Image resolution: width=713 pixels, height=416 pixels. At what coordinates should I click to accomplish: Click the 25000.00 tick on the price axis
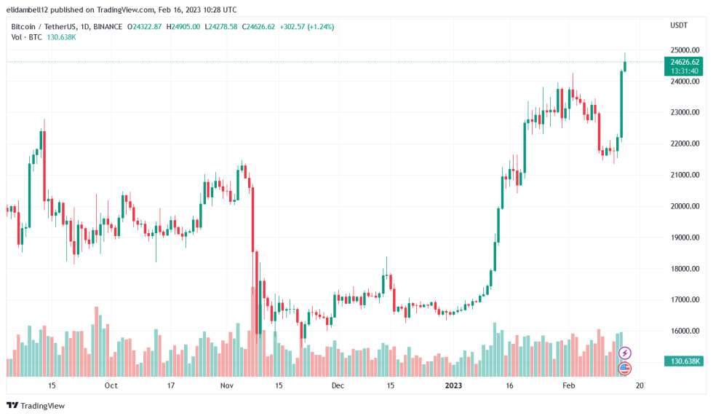(x=684, y=50)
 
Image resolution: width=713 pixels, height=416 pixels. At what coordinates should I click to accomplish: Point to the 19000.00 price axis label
(x=684, y=238)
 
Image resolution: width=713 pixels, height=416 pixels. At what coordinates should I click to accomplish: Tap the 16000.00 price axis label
(x=684, y=331)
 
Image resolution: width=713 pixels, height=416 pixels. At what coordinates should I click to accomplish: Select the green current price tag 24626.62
(x=685, y=62)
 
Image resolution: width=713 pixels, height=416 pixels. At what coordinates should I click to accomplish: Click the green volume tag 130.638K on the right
(x=685, y=361)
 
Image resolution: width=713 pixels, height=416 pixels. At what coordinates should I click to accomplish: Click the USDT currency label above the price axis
(x=678, y=25)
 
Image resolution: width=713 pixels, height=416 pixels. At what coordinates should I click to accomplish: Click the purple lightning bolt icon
(x=624, y=353)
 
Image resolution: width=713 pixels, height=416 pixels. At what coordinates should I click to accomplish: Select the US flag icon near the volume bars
(x=624, y=369)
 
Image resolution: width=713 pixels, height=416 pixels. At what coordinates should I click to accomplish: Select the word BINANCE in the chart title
(x=108, y=26)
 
